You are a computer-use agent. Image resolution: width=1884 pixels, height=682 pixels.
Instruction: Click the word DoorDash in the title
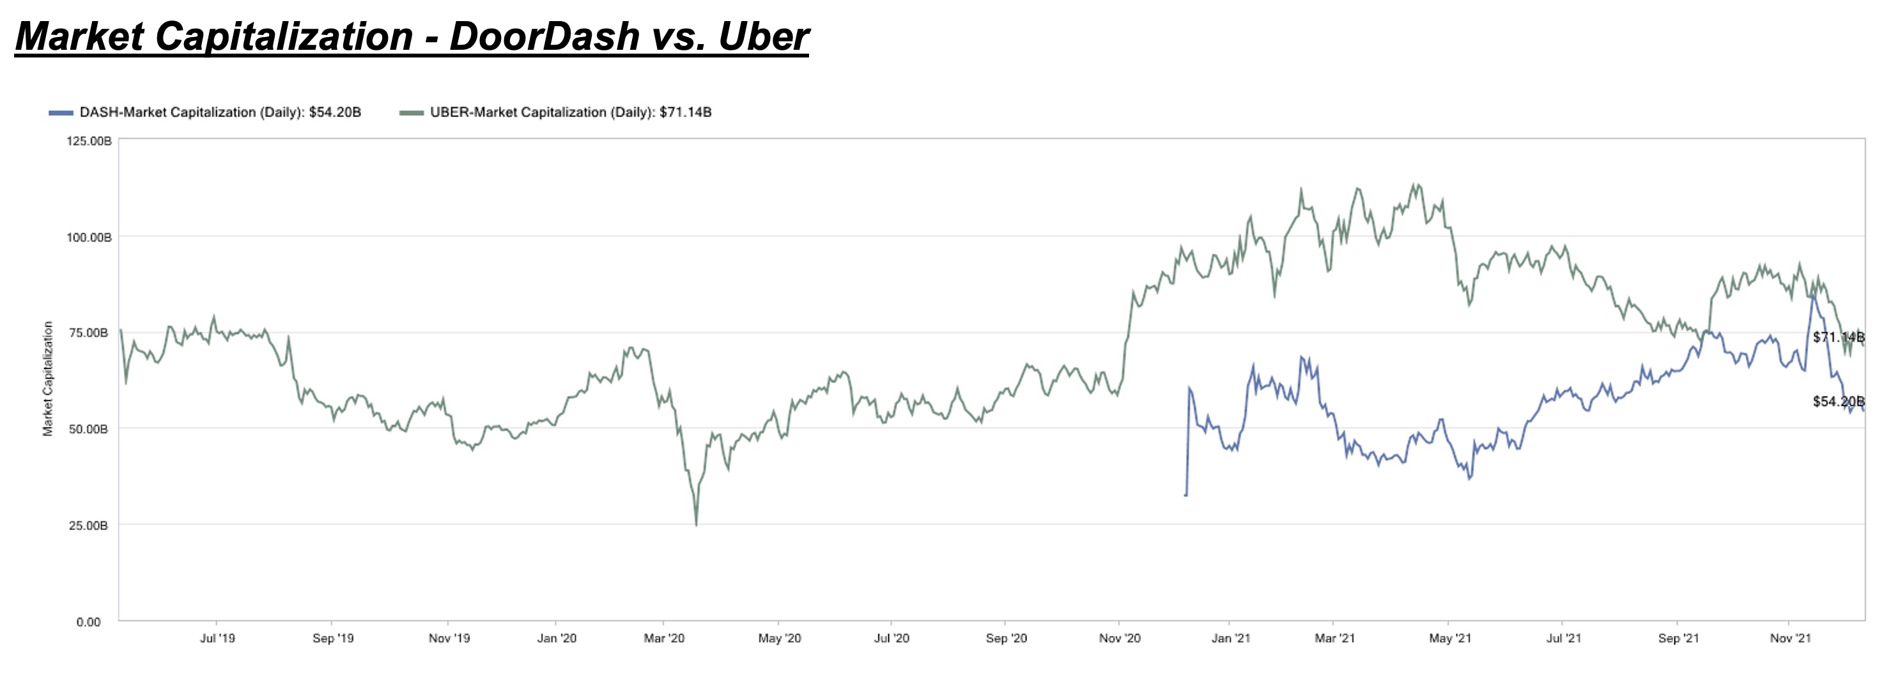[x=545, y=36]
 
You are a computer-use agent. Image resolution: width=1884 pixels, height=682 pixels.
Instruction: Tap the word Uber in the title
[x=764, y=36]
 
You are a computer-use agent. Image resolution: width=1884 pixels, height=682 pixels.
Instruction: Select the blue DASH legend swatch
[x=61, y=112]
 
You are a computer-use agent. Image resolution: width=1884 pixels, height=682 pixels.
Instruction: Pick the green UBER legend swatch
[x=411, y=112]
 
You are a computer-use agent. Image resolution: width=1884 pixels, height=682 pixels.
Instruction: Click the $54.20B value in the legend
[x=335, y=112]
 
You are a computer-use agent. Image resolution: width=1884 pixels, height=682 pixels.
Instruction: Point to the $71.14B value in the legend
[x=685, y=112]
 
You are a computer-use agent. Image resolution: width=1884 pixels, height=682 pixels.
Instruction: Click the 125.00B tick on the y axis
[x=89, y=140]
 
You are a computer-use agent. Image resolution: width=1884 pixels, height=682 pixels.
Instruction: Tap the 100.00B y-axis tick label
[x=89, y=238]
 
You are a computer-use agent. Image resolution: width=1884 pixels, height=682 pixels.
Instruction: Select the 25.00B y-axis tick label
[x=89, y=526]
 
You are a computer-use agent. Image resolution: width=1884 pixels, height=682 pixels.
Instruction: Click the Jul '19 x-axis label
[x=217, y=638]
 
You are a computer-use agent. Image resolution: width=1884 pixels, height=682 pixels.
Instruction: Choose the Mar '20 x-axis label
[x=663, y=638]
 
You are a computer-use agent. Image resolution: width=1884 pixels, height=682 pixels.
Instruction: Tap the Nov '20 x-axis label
[x=1119, y=638]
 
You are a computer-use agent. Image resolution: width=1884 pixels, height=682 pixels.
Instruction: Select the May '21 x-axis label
[x=1449, y=638]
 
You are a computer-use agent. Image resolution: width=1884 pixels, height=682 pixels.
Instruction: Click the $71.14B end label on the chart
[x=1838, y=337]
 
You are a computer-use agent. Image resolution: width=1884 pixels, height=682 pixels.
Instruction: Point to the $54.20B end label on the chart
[x=1838, y=401]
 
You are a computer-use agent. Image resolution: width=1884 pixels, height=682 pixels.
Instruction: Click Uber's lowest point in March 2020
[x=696, y=525]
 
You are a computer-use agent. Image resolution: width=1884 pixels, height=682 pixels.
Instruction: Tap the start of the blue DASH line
[x=1185, y=496]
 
